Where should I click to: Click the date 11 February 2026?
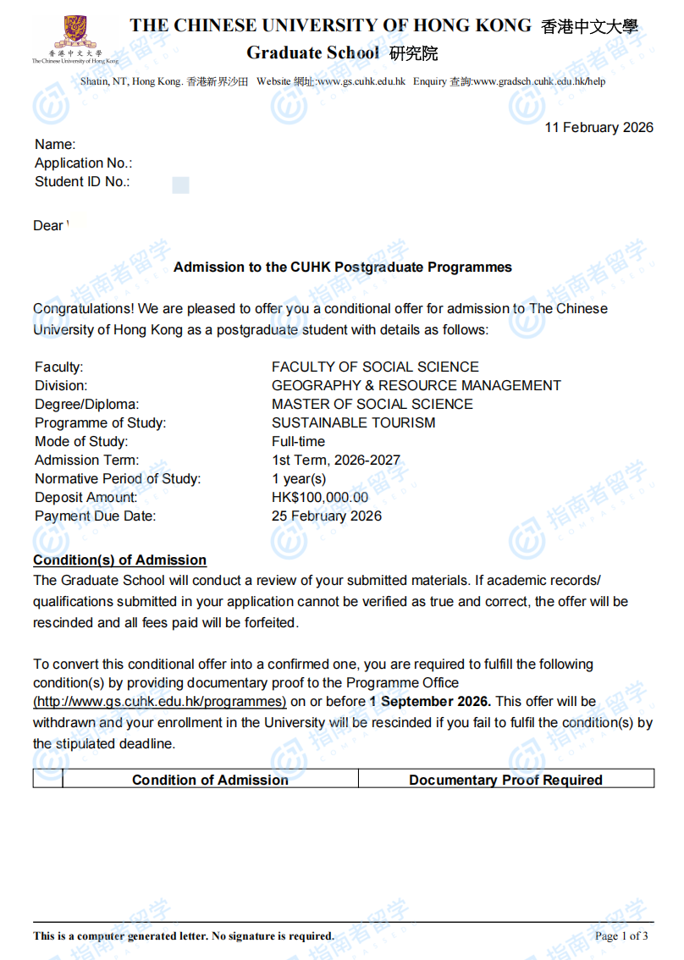(598, 127)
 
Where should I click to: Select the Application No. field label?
(83, 163)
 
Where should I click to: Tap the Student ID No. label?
(82, 181)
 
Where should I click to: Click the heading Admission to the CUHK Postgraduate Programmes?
(342, 267)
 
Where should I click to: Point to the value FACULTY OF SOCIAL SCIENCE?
(375, 367)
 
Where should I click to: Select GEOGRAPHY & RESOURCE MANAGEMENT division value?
(416, 385)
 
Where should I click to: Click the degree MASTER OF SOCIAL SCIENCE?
(372, 404)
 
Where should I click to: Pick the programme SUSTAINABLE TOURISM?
(353, 422)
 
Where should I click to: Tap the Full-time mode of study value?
(298, 441)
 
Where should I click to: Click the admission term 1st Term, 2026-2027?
(335, 460)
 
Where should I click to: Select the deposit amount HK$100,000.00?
(320, 497)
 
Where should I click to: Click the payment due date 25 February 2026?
(326, 516)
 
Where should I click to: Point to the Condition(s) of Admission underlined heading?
(119, 560)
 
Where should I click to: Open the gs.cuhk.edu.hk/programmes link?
(159, 701)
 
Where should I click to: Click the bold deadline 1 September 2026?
(429, 701)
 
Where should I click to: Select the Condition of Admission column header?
(210, 780)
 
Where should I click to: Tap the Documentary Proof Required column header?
(505, 780)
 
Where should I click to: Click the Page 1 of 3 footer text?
(621, 935)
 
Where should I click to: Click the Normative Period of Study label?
(118, 478)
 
